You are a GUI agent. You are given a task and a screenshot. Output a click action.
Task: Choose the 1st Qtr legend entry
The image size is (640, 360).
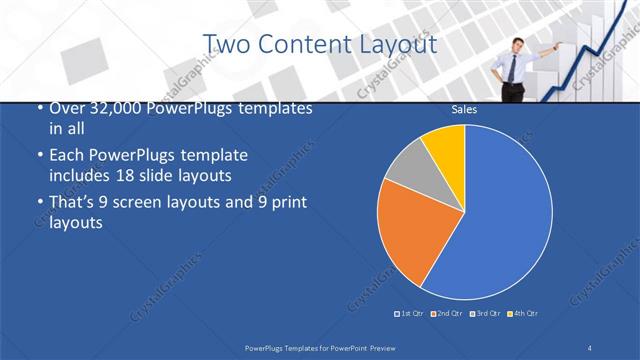coord(410,314)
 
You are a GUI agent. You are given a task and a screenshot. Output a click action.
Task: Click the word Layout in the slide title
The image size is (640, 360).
coord(396,44)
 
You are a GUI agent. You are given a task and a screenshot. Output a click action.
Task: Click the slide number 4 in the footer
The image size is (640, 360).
coord(590,346)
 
